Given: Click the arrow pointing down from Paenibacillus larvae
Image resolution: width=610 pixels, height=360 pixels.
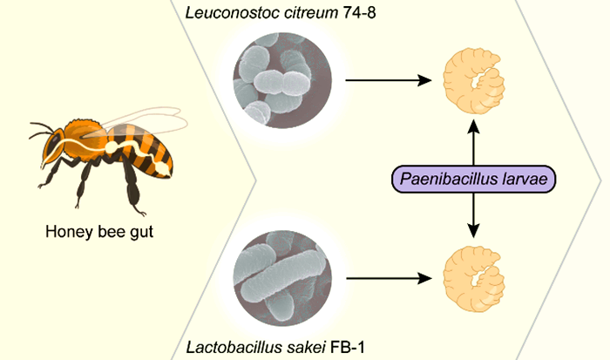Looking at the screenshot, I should tap(473, 218).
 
